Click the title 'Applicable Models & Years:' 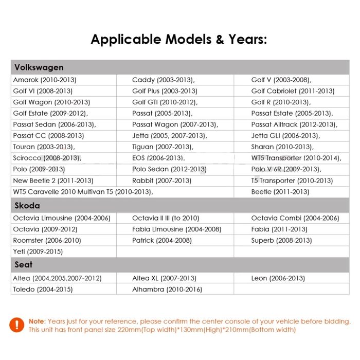click(179, 40)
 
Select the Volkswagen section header click(39, 67)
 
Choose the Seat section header click(24, 264)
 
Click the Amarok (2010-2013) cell click(45, 80)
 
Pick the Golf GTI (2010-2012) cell click(165, 102)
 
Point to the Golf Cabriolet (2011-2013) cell click(293, 91)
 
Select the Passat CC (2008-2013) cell click(48, 136)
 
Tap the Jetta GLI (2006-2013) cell click(285, 136)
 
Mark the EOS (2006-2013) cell click(158, 158)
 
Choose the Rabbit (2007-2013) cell click(161, 181)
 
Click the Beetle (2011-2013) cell click(280, 192)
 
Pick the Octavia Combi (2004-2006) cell click(295, 218)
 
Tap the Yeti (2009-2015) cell click(38, 251)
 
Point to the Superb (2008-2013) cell click(281, 240)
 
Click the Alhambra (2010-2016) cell click(167, 290)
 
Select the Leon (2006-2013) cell click(278, 278)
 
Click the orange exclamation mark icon click(17, 325)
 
